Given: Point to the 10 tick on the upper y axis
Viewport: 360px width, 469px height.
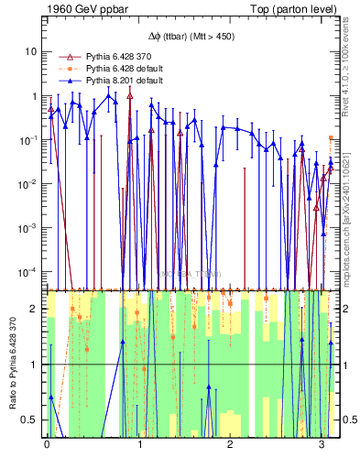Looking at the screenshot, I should tap(30, 51).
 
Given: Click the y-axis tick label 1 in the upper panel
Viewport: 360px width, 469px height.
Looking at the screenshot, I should tap(33, 96).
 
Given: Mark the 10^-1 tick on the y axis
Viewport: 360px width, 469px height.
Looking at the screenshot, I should tap(28, 140).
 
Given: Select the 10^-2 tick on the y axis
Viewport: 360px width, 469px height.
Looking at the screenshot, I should tap(28, 184).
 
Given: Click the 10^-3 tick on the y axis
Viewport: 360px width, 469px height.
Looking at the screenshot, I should tap(28, 228).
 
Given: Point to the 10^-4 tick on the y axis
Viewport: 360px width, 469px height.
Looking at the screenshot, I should tap(28, 272).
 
